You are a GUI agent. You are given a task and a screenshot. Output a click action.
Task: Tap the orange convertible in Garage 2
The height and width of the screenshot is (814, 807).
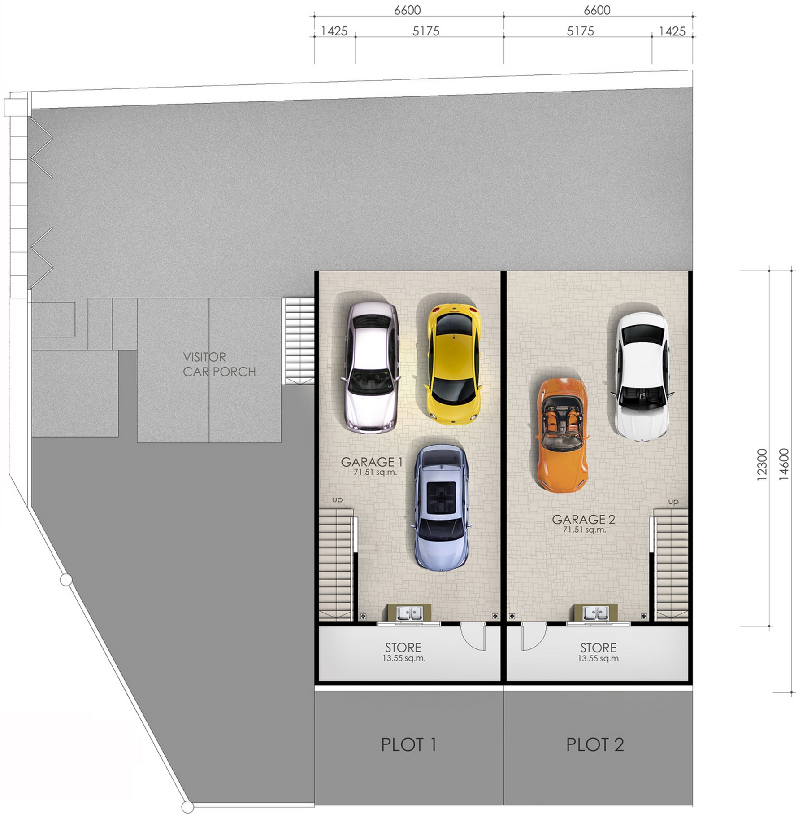point(562,435)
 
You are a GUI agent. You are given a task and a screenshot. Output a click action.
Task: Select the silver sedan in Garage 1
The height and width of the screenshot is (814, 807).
point(371,367)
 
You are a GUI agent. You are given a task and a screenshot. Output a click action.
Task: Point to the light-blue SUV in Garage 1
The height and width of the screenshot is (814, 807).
point(441,508)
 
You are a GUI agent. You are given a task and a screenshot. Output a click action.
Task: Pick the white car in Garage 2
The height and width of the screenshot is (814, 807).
point(642,376)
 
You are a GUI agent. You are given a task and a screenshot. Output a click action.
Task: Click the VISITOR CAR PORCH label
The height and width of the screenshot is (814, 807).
point(219,364)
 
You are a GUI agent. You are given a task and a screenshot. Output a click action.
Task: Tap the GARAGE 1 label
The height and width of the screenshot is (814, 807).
point(372,462)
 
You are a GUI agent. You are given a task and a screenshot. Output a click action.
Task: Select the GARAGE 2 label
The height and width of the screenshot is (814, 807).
point(583,519)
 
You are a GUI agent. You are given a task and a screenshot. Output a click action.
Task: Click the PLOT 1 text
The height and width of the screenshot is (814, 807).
point(408,744)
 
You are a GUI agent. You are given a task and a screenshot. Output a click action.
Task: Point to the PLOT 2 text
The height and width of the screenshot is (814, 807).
point(595,744)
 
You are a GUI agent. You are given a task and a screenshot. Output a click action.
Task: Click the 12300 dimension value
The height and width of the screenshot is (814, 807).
point(762,465)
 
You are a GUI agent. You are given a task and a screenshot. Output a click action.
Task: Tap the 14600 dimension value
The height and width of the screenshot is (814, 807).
point(784,465)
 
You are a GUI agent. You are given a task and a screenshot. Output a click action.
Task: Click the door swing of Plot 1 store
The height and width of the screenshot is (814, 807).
point(473,637)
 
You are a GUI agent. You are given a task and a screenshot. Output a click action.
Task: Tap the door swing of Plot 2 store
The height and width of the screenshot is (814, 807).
point(534,637)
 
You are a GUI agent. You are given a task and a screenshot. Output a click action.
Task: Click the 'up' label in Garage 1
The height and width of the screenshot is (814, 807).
point(337,500)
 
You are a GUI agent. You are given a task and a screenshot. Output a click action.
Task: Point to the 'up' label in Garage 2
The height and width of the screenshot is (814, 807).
point(673,502)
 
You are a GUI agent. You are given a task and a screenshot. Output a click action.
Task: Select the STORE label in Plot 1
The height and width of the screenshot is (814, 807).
point(403,648)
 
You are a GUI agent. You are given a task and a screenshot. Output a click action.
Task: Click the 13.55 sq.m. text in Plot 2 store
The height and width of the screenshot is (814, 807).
point(599,659)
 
